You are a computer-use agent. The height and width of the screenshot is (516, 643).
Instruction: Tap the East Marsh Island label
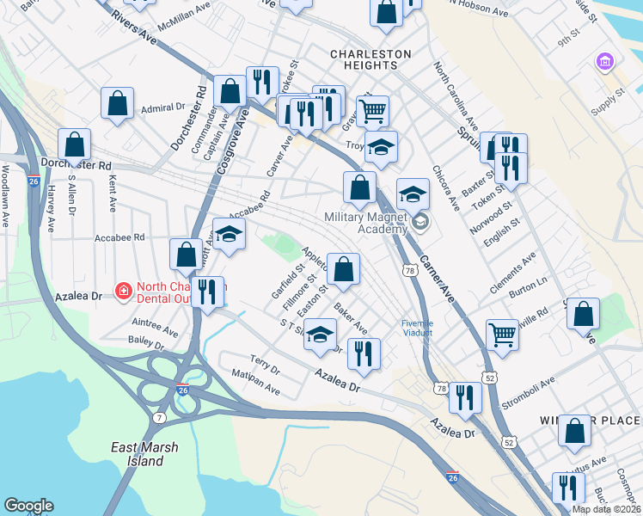tap(137, 454)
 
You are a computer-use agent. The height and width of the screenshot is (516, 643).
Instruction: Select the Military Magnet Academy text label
tap(365, 223)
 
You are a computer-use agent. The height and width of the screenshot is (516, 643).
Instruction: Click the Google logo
tap(28, 506)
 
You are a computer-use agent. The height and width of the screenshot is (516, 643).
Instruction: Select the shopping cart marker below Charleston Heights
tap(372, 110)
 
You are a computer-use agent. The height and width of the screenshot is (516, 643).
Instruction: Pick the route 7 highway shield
tap(159, 417)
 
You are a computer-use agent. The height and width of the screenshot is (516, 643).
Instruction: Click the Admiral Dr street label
tap(163, 108)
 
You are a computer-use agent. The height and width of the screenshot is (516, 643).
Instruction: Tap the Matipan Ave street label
tap(256, 384)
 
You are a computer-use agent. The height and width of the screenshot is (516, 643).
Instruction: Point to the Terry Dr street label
tap(265, 365)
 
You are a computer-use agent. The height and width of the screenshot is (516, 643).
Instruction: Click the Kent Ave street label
tap(113, 195)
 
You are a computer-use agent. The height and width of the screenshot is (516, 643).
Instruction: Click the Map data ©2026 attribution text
tap(607, 509)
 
